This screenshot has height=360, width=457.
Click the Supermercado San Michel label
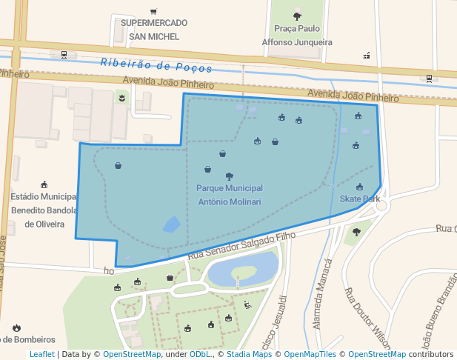point(153,29)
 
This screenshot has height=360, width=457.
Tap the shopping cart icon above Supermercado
point(153,11)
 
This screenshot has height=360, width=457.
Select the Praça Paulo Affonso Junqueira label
point(297,36)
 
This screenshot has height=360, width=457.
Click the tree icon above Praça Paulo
point(297,16)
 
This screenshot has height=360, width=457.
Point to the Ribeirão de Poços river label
point(156,65)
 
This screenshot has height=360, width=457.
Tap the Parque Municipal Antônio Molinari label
point(229,195)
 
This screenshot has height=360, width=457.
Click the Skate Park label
point(359,199)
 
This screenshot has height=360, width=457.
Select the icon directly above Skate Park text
point(359,187)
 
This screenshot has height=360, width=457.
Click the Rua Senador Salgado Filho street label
point(241,245)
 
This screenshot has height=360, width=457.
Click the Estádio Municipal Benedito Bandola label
point(44,210)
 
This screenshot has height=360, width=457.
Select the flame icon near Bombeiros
point(16,327)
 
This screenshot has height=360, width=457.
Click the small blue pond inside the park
point(171,224)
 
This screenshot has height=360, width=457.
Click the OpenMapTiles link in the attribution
point(310,355)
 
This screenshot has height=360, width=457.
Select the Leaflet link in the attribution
point(41,355)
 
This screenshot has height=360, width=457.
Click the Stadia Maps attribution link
point(248,355)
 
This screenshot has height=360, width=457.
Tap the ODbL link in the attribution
point(199,355)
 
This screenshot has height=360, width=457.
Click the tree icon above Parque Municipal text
point(229,176)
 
